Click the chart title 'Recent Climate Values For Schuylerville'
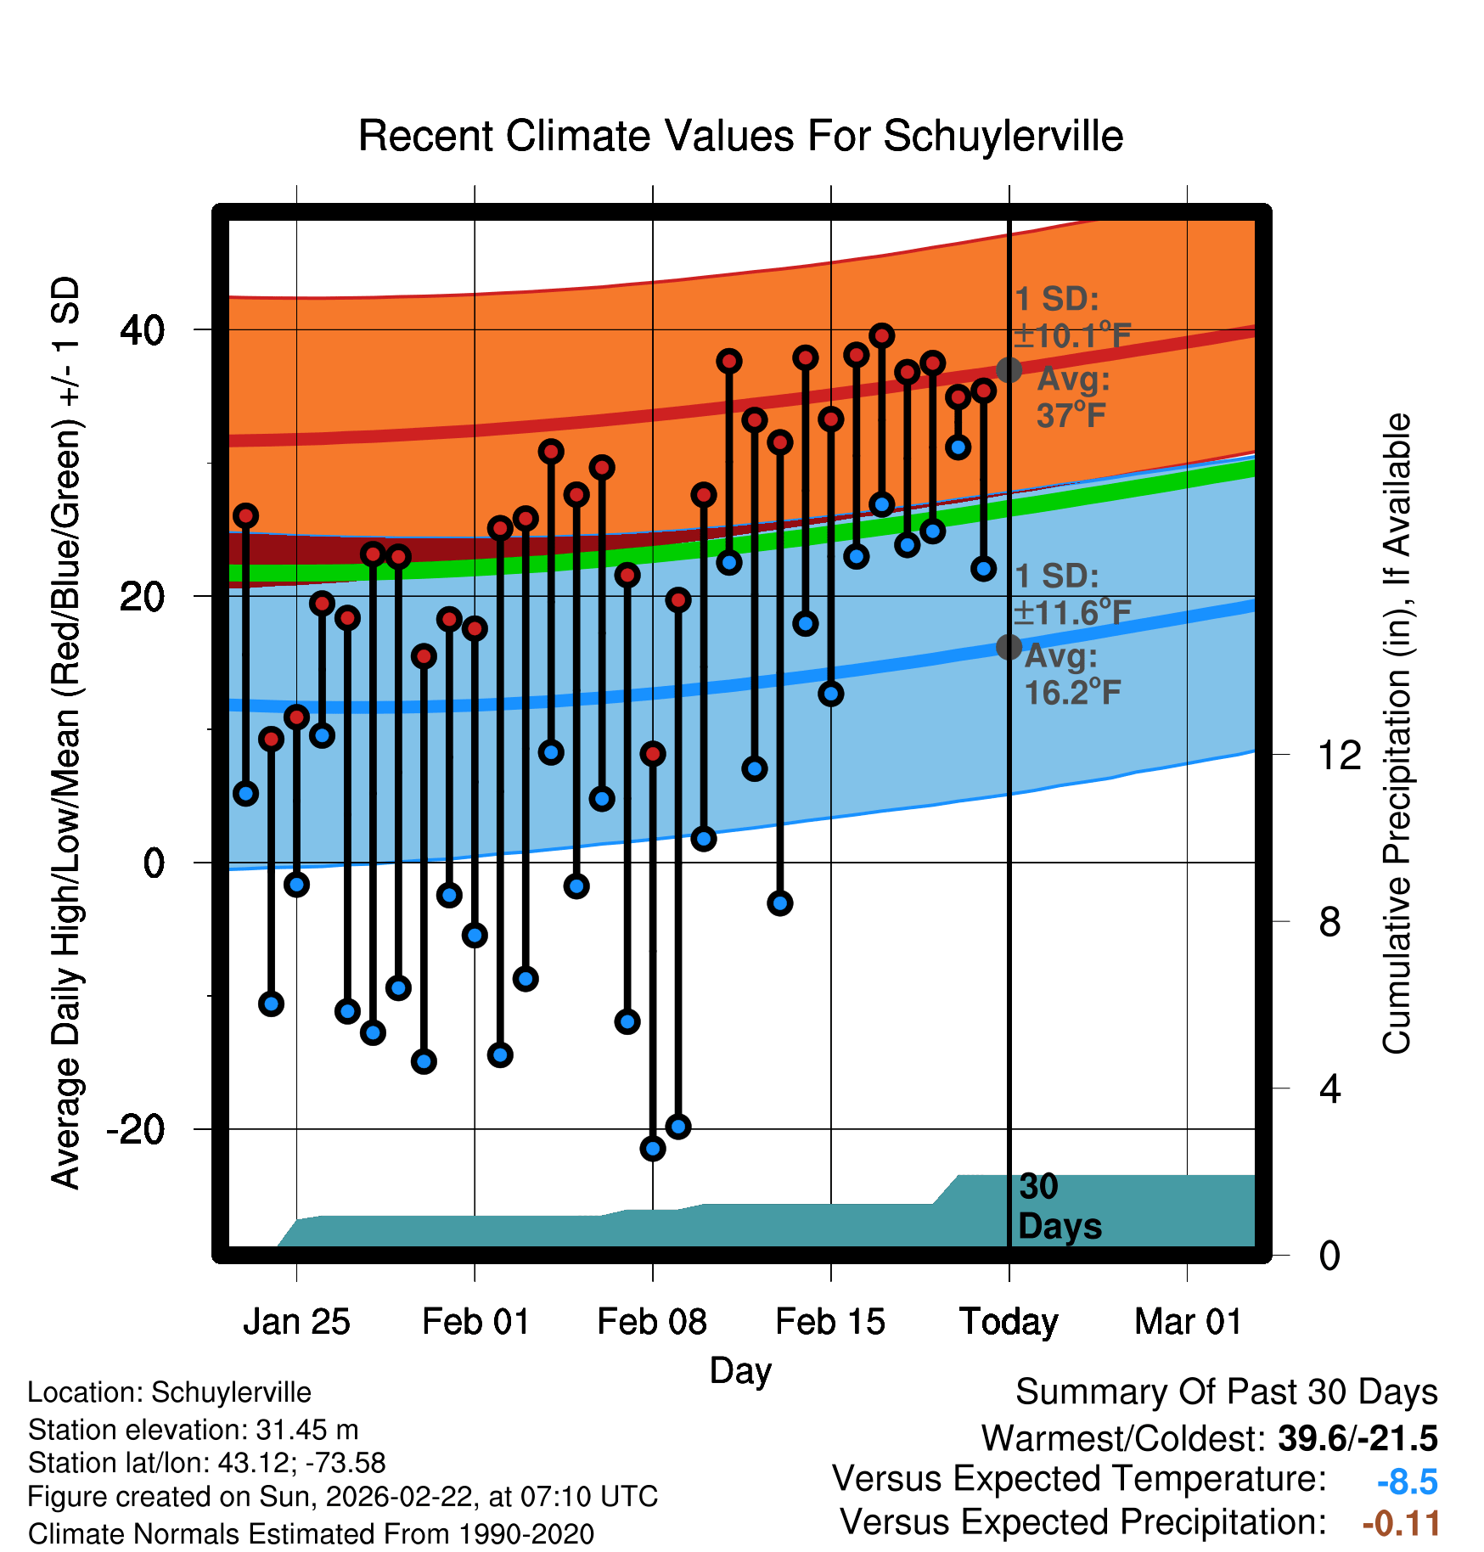click(x=740, y=136)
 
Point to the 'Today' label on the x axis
click(x=1009, y=1322)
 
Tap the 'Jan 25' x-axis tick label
click(x=296, y=1322)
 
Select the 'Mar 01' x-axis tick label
click(x=1188, y=1322)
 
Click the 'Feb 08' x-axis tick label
click(x=652, y=1322)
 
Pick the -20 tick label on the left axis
click(x=136, y=1130)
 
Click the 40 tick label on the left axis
click(x=143, y=330)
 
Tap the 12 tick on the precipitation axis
click(x=1339, y=755)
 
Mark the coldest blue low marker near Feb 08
click(x=653, y=1149)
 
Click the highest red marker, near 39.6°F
click(x=882, y=336)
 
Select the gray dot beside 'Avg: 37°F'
click(x=1009, y=370)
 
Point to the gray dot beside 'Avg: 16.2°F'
click(x=1009, y=647)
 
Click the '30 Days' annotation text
click(x=1059, y=1206)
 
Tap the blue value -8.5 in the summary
click(x=1407, y=1482)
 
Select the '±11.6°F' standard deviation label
click(x=1073, y=612)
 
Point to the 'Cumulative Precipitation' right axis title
click(x=1397, y=734)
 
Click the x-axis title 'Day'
click(x=740, y=1370)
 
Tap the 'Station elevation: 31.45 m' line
click(x=193, y=1430)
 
